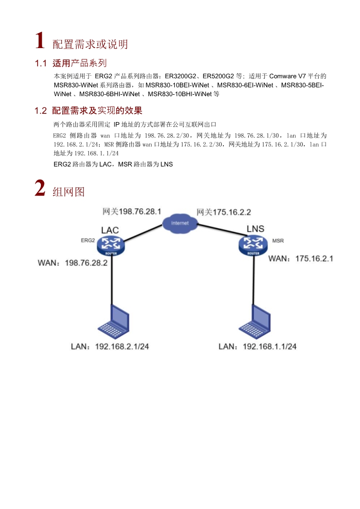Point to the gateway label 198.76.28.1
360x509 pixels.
[x=132, y=211]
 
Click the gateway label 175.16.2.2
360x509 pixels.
[x=224, y=212]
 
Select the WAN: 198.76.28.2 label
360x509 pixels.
[x=72, y=263]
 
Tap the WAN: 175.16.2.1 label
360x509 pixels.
[x=301, y=259]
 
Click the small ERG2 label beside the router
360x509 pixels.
[x=87, y=240]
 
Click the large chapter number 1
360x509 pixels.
[x=40, y=41]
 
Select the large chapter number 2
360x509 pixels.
[x=40, y=189]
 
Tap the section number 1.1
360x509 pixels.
[x=41, y=63]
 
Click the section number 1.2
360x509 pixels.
[x=41, y=111]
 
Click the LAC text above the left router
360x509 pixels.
[x=110, y=230]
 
